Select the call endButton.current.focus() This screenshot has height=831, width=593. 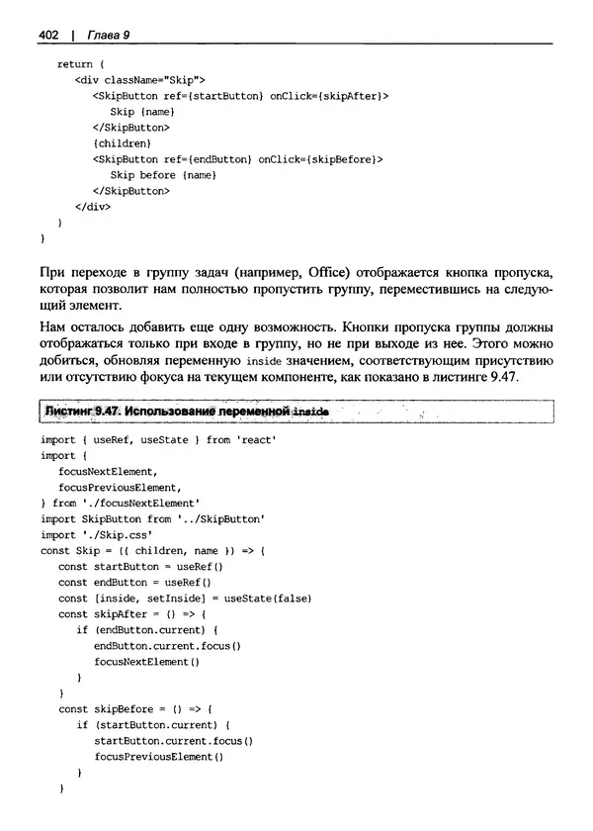[167, 645]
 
